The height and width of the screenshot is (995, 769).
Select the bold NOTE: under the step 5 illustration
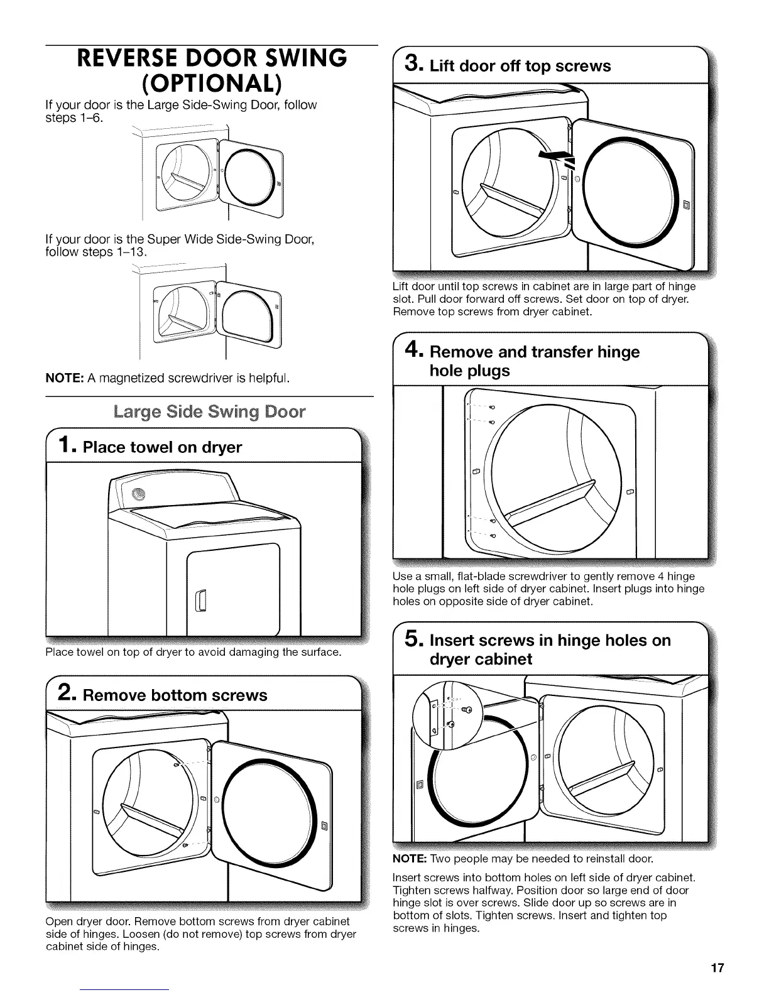[409, 858]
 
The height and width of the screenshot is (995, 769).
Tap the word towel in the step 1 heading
[151, 447]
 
